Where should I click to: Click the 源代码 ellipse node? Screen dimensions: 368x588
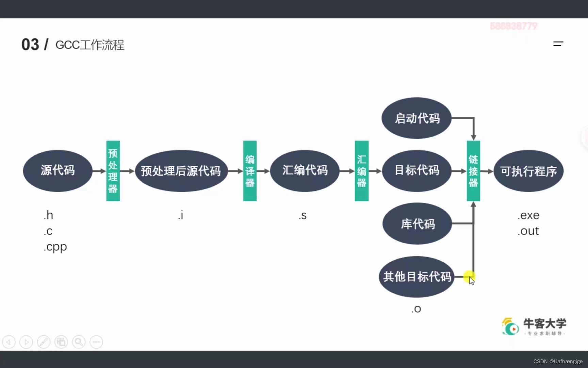point(58,171)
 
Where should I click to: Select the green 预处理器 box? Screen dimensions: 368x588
point(113,171)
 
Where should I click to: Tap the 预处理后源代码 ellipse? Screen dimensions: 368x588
point(181,171)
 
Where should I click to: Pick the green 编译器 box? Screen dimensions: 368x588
point(250,171)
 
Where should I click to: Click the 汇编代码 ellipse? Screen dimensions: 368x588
point(305,171)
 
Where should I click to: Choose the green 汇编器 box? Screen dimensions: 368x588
point(361,171)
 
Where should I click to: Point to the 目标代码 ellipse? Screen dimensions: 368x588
point(417,171)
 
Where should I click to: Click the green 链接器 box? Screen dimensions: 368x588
point(473,171)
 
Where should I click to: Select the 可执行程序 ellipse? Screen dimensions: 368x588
point(528,171)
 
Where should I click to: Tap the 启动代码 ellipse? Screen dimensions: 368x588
point(416,118)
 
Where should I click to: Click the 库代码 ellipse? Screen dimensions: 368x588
point(417,224)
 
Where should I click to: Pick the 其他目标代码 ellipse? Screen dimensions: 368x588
point(416,277)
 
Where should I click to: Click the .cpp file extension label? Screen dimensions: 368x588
point(55,247)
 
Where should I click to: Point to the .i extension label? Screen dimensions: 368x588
point(181,215)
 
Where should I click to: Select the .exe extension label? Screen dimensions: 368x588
point(528,215)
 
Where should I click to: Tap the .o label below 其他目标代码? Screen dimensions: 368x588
point(416,309)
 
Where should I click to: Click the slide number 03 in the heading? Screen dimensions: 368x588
point(30,45)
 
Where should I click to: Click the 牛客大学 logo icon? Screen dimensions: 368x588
point(510,326)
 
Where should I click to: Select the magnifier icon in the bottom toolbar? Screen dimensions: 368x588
point(79,342)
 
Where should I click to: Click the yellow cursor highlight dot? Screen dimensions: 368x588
point(469,276)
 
